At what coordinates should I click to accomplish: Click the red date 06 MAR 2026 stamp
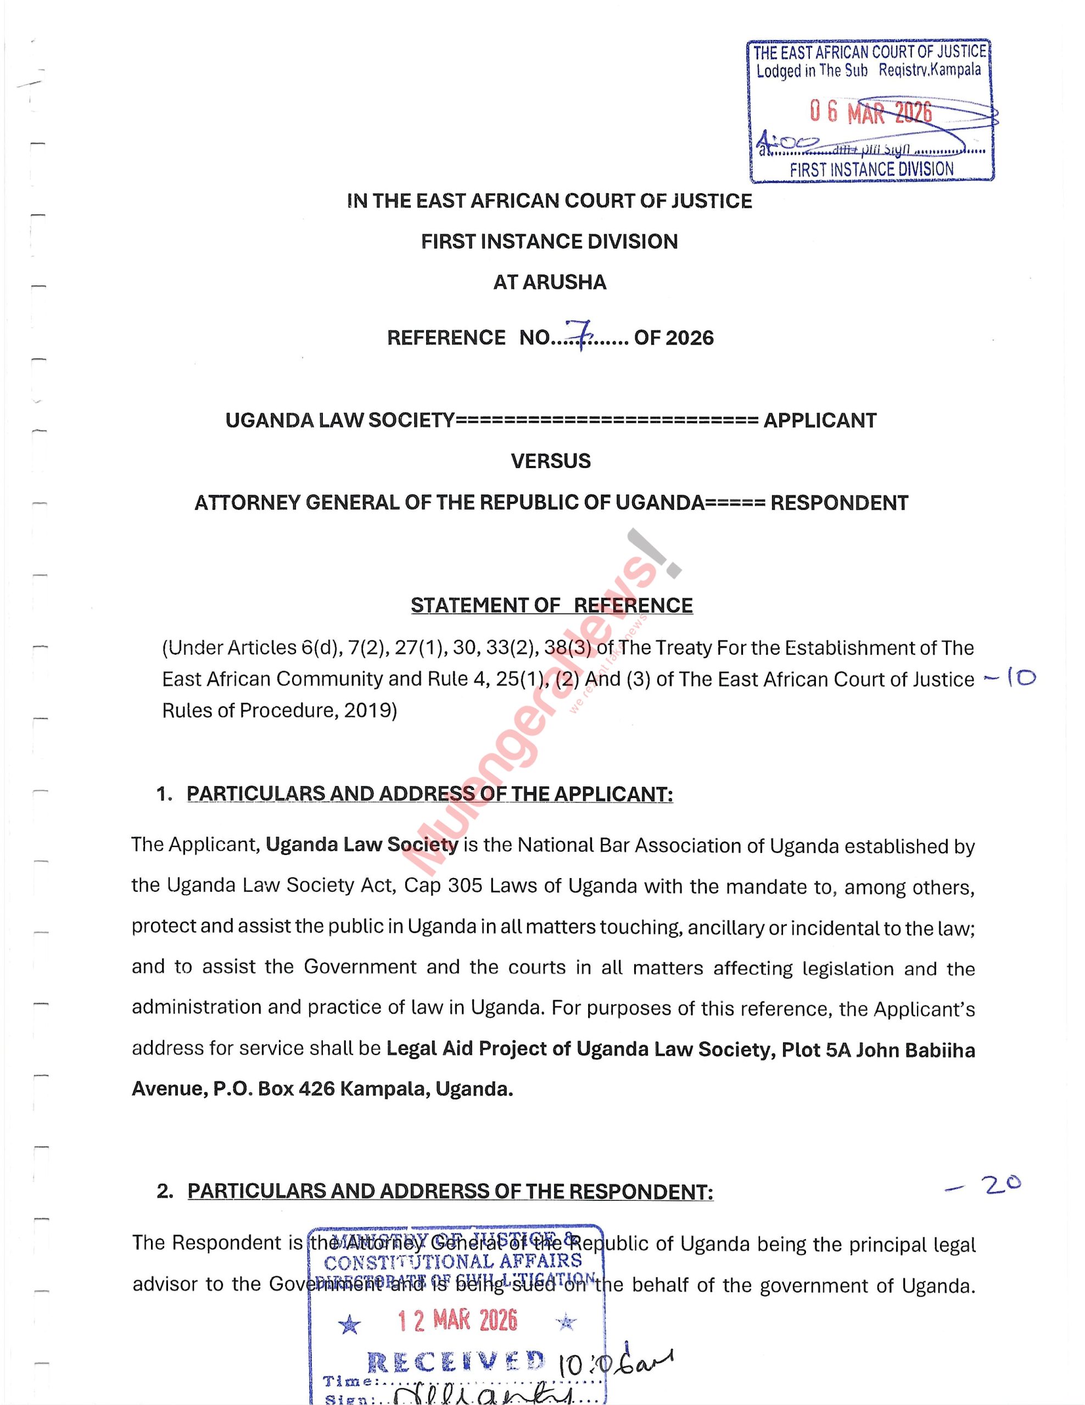pyautogui.click(x=870, y=113)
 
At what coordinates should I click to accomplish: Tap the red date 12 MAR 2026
pyautogui.click(x=457, y=1320)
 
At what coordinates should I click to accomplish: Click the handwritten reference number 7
pyautogui.click(x=580, y=335)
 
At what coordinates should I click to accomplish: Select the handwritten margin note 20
pyautogui.click(x=1002, y=1184)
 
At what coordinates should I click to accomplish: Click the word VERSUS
pyautogui.click(x=550, y=461)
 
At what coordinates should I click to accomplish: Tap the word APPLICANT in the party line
pyautogui.click(x=819, y=421)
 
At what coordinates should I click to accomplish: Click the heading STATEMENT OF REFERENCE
pyautogui.click(x=551, y=605)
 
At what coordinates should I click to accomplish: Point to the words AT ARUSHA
pyautogui.click(x=550, y=283)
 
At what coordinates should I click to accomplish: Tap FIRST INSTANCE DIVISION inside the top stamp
pyautogui.click(x=871, y=170)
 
